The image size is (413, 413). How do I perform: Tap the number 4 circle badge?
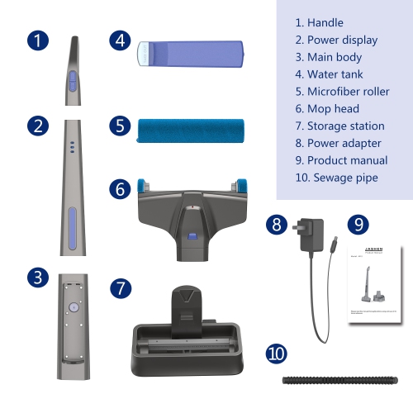click(x=121, y=40)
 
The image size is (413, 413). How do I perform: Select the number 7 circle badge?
click(x=121, y=288)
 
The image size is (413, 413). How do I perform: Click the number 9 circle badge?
click(x=358, y=224)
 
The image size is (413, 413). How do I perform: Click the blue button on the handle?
click(x=72, y=80)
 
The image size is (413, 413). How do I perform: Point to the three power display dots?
click(x=72, y=145)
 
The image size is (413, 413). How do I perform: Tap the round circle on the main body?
click(x=73, y=306)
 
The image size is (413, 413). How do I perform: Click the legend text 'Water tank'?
click(x=330, y=74)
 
